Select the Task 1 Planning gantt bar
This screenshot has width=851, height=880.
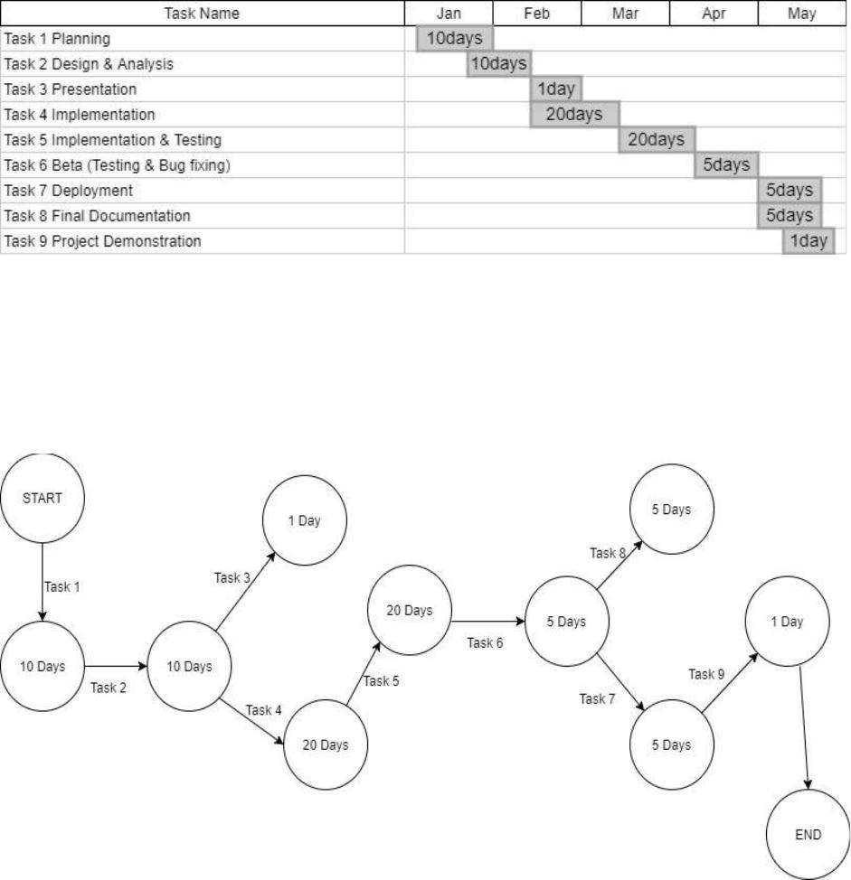(454, 38)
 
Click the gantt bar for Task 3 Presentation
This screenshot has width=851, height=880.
(556, 89)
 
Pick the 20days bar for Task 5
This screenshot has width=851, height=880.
(657, 139)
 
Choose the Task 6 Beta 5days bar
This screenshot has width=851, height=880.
(726, 165)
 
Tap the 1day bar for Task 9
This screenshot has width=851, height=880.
(808, 240)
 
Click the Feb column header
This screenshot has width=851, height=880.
(537, 13)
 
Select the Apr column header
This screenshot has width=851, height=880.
(714, 13)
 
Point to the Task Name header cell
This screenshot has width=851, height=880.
(203, 13)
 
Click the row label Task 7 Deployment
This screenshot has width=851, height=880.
(69, 191)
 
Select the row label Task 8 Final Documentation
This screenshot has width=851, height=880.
(97, 216)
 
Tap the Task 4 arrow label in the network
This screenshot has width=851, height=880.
(263, 710)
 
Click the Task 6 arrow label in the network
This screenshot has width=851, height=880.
(485, 642)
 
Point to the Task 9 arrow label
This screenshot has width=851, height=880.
(706, 674)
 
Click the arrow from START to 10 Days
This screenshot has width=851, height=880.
(43, 582)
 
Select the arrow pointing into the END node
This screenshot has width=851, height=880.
(804, 727)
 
